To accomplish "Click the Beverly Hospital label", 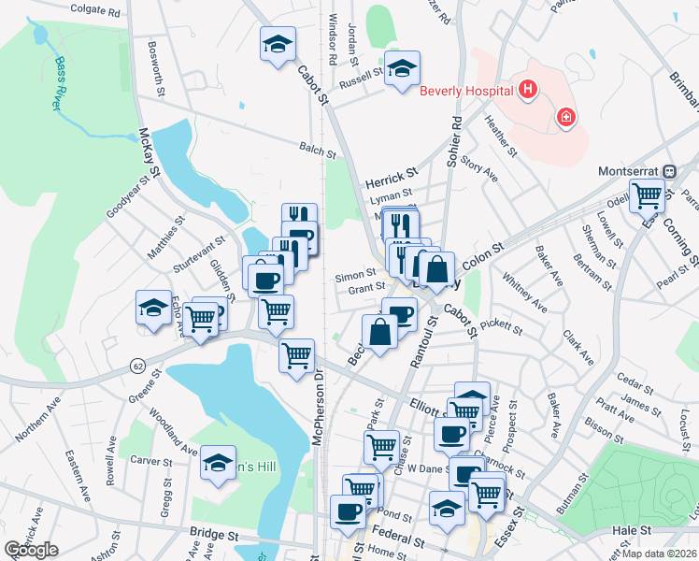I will [x=466, y=91].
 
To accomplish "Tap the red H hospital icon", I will [x=528, y=90].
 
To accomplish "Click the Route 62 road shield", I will [x=137, y=364].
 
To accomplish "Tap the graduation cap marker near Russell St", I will [x=402, y=68].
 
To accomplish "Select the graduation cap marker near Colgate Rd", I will [x=278, y=44].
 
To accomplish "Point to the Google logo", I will [x=31, y=549].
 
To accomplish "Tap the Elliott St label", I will [x=429, y=404].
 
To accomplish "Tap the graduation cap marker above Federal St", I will [x=447, y=509].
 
